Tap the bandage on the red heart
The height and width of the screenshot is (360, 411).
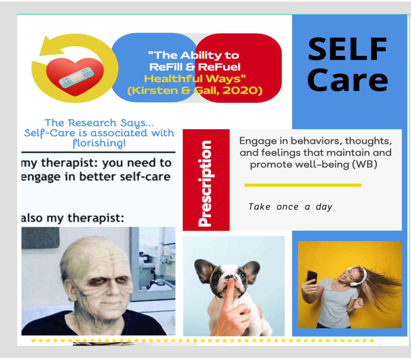coord(76,77)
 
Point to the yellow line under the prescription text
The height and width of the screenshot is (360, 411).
coord(303,185)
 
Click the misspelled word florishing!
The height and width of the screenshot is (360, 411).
coord(100,143)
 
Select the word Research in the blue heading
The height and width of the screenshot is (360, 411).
coord(92,123)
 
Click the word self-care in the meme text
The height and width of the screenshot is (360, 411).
coord(145,177)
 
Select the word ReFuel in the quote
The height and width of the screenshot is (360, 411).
coord(219,67)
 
